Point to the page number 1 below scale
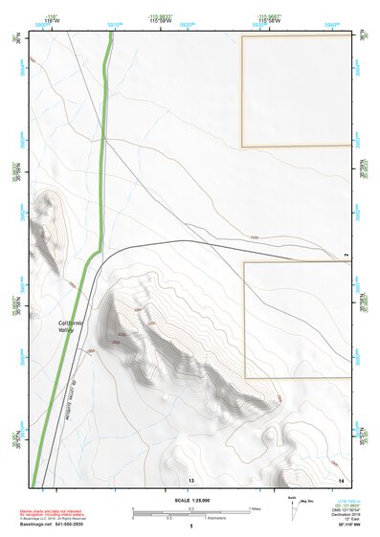coord(191,526)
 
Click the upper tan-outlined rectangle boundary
coord(241,91)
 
